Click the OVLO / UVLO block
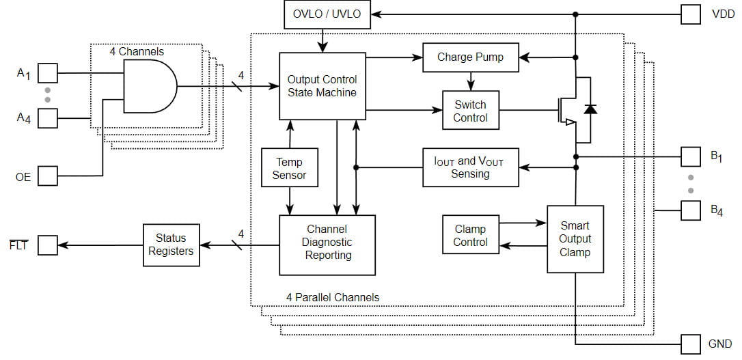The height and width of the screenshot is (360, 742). coord(327,14)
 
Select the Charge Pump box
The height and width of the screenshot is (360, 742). coord(470,57)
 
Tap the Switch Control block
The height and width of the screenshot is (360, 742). coord(470,111)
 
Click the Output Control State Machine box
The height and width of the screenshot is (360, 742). coord(322,86)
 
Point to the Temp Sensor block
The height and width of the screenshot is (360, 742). coord(290,168)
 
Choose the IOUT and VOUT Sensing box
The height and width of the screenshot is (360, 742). coord(470,167)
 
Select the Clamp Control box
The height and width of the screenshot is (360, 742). coord(470,236)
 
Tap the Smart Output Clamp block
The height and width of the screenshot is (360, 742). coord(575,239)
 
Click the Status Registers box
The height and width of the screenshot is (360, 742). coord(170,245)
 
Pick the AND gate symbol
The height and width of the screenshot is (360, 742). coord(149,87)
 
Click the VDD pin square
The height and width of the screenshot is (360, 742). coord(690,14)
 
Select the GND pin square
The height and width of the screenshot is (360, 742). coord(690,344)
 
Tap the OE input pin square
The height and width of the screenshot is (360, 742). coord(47,176)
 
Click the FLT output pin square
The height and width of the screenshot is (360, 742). coord(47,245)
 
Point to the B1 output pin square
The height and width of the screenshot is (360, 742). coord(690,156)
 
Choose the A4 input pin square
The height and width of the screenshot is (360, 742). coord(47,118)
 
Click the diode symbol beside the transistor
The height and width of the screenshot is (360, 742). coord(590,110)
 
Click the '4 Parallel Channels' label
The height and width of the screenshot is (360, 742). coord(332,297)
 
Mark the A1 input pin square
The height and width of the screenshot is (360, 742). coord(47,72)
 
